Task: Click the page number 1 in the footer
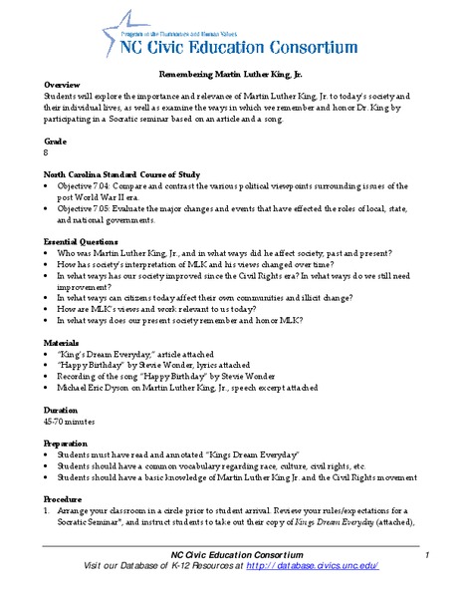click(425, 554)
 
